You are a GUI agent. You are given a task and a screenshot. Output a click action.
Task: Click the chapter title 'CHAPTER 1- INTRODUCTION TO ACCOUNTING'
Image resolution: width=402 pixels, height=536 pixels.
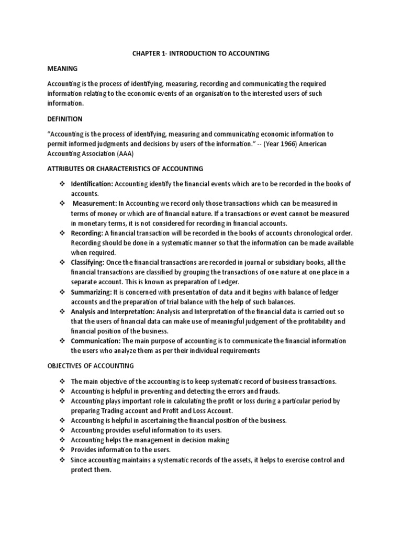tap(200, 53)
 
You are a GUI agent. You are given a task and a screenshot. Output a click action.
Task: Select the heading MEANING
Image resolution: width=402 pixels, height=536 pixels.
tap(62, 69)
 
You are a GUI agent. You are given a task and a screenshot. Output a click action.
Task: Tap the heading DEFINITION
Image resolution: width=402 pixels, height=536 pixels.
tap(65, 119)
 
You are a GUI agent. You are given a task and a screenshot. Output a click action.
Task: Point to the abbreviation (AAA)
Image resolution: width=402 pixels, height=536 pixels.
tap(141, 153)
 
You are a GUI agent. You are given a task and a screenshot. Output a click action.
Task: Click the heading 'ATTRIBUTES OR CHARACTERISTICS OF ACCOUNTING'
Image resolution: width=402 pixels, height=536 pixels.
tap(126, 169)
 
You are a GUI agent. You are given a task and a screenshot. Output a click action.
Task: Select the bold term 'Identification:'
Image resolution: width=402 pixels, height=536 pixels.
tap(92, 184)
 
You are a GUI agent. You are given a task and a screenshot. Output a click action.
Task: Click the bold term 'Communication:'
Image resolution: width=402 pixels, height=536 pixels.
tap(95, 341)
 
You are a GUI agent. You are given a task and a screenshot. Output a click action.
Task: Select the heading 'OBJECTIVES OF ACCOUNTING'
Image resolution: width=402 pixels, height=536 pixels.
tap(91, 366)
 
